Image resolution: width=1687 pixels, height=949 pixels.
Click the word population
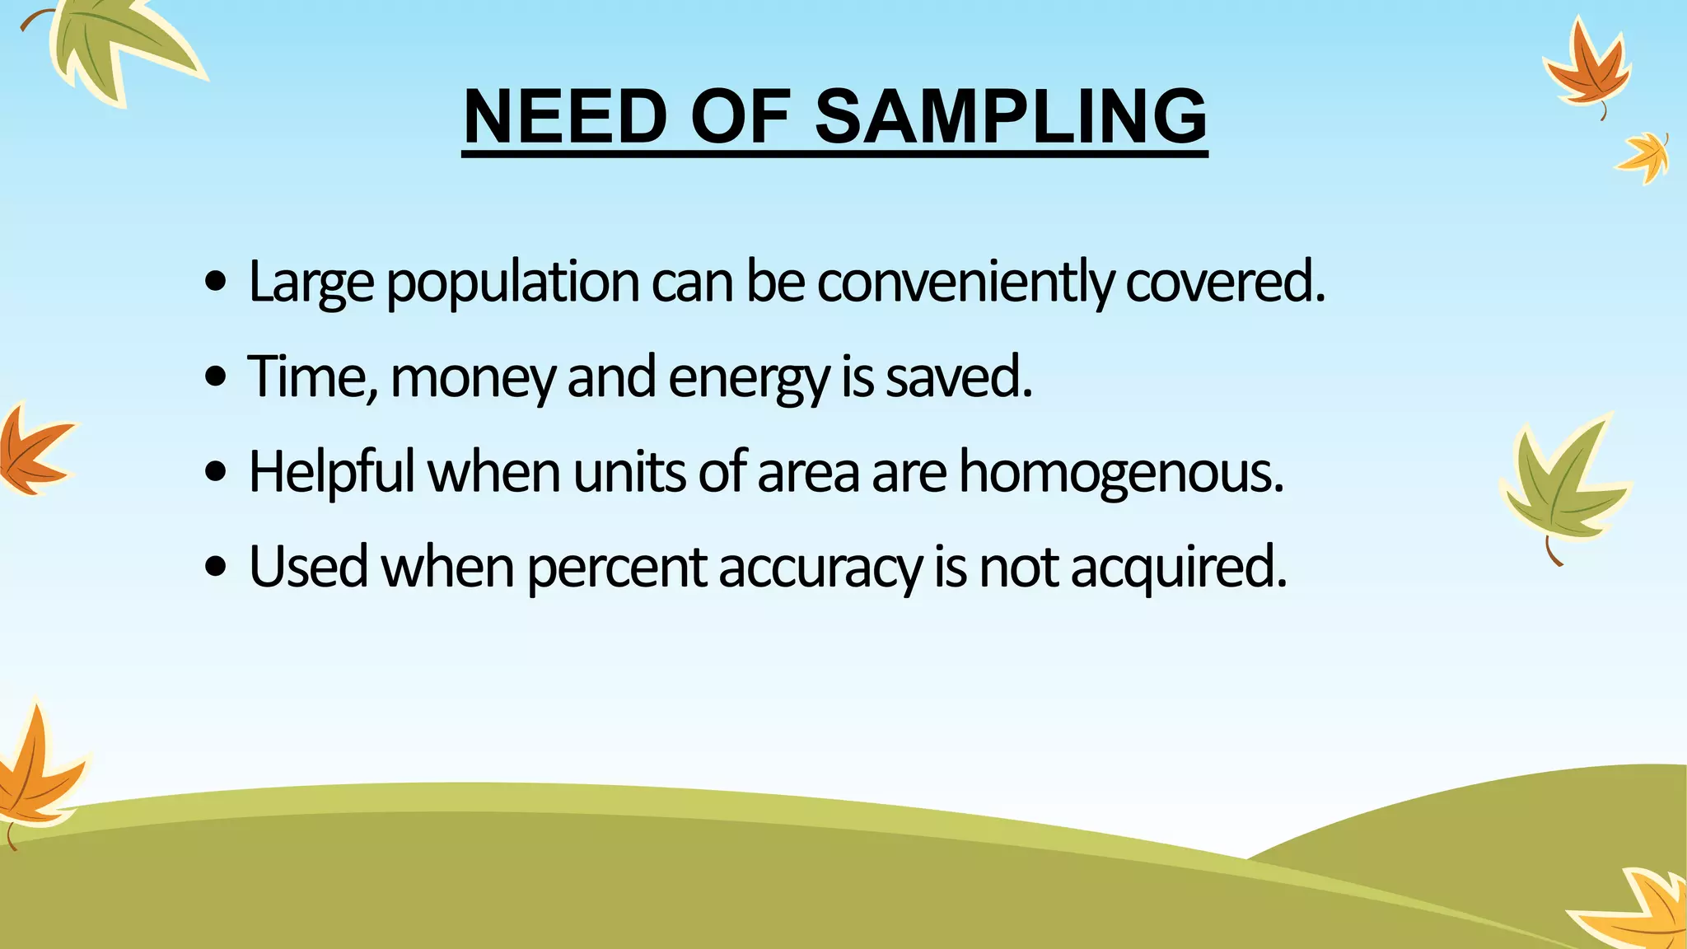click(x=512, y=283)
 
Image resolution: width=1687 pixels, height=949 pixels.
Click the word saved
click(x=958, y=377)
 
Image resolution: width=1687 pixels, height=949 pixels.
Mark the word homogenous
click(x=1120, y=472)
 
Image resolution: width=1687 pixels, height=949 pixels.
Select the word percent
click(x=616, y=568)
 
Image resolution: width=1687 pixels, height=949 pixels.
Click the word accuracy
click(x=820, y=568)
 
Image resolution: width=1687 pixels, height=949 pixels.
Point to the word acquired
click(x=1178, y=568)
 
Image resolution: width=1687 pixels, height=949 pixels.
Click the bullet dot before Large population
click(x=216, y=283)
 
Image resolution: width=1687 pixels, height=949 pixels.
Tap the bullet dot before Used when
click(x=216, y=568)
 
